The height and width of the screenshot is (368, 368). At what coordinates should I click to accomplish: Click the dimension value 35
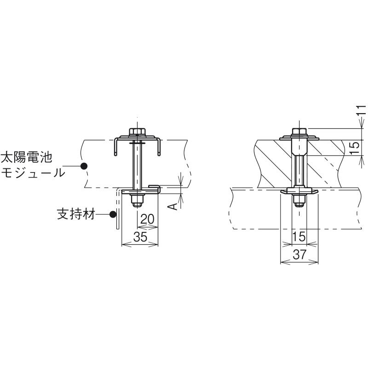(x=140, y=236)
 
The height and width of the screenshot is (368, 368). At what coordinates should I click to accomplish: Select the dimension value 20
(x=147, y=219)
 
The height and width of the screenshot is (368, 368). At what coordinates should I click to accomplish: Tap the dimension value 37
(x=300, y=254)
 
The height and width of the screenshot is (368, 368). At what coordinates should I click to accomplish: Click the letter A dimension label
(x=173, y=207)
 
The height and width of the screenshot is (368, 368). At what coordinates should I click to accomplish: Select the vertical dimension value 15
(x=355, y=148)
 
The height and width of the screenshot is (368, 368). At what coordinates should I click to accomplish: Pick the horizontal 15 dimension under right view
(x=299, y=236)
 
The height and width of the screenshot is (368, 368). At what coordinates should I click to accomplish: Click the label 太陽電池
(x=27, y=157)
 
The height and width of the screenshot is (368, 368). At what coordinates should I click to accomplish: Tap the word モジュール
(x=33, y=172)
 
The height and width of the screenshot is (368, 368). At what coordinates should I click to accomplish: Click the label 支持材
(x=76, y=214)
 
